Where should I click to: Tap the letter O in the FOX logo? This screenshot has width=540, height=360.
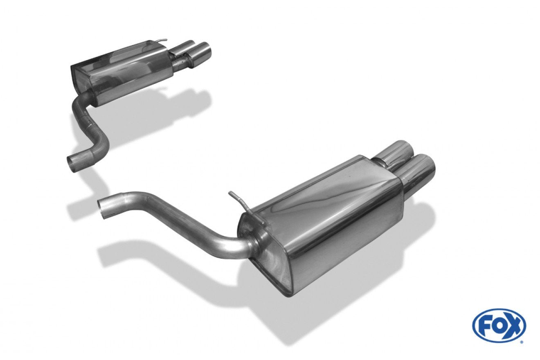tap(498, 326)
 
